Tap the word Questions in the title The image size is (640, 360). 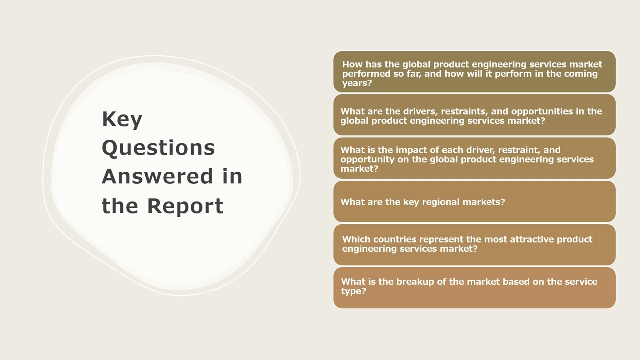(158, 148)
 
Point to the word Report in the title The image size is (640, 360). (185, 206)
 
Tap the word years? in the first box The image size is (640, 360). (357, 83)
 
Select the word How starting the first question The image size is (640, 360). (352, 64)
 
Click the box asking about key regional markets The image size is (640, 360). (474, 202)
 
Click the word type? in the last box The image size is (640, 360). (353, 291)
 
